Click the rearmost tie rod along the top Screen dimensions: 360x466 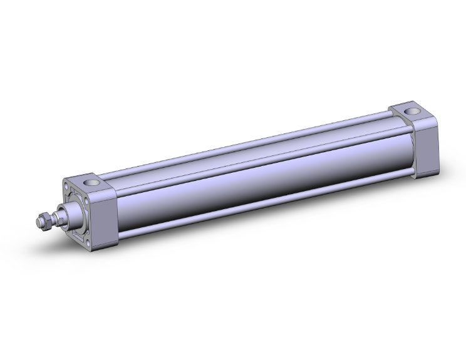tap(251, 136)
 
